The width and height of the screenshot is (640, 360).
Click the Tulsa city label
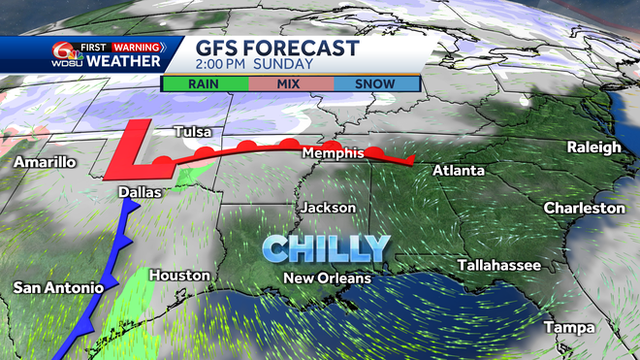click(192, 132)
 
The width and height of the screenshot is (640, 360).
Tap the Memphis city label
click(333, 153)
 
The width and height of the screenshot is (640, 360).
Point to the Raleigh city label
click(595, 147)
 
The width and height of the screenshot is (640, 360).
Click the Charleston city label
click(584, 208)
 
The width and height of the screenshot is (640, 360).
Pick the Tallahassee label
click(500, 265)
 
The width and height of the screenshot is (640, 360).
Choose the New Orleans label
click(327, 278)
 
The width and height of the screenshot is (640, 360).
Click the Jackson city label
click(328, 208)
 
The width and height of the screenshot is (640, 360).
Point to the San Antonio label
click(57, 287)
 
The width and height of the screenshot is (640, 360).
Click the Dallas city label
click(139, 193)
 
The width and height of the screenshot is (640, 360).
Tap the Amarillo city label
click(45, 162)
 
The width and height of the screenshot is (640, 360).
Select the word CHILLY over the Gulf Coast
click(326, 247)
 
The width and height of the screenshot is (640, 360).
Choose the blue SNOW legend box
click(374, 82)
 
